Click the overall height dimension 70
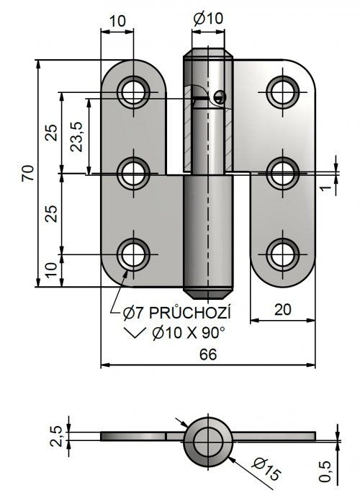coord(28,173)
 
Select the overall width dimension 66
coord(208,354)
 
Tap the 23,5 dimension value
coord(77,136)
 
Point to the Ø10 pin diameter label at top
coord(208,19)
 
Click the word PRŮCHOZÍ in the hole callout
coord(190,314)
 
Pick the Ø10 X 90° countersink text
coord(189,333)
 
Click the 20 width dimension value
coord(283,309)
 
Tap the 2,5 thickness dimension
coord(56,436)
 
